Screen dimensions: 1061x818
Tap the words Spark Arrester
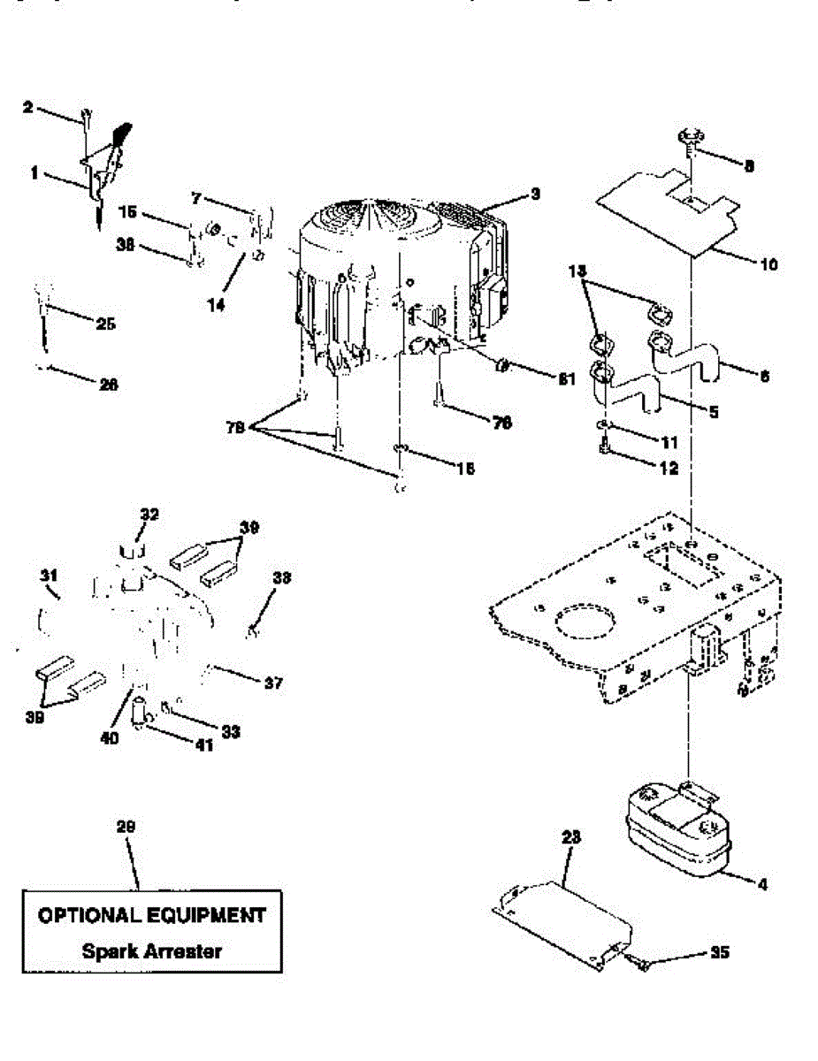pyautogui.click(x=152, y=951)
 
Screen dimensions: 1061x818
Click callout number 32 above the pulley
pyautogui.click(x=149, y=513)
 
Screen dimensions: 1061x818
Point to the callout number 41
pyautogui.click(x=204, y=745)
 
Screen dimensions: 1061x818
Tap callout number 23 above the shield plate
pyautogui.click(x=569, y=836)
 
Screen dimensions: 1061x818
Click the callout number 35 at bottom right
pyautogui.click(x=721, y=953)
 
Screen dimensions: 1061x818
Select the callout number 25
pyautogui.click(x=106, y=324)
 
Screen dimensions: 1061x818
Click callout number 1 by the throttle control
pyautogui.click(x=34, y=174)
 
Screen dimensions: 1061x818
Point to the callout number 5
pyautogui.click(x=714, y=411)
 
